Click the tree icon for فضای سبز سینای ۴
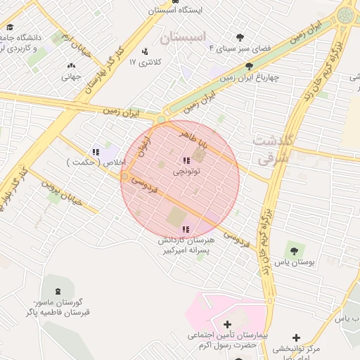click(240, 37)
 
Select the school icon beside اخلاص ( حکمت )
click(95, 151)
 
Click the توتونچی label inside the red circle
click(187, 171)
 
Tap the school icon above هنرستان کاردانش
click(186, 229)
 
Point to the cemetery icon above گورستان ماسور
click(57, 290)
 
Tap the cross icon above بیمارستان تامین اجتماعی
click(227, 324)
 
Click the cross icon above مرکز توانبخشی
click(296, 337)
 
